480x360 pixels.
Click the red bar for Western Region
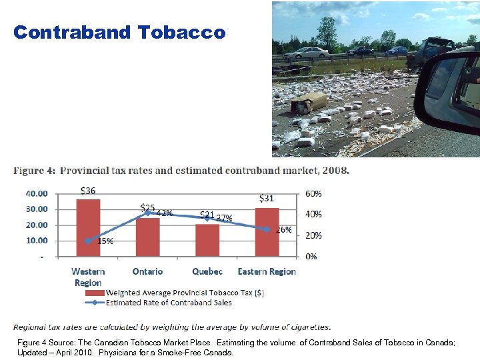coord(88,227)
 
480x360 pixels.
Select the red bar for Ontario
coord(147,237)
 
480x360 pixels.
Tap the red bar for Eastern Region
coord(267,231)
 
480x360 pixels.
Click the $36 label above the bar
coord(87,190)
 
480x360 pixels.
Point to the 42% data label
coord(165,213)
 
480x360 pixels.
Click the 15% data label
coord(105,241)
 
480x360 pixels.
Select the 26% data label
coord(283,229)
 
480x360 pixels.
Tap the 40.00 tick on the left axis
coord(37,193)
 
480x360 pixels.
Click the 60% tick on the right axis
coord(313,193)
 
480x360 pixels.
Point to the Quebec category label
coord(207,271)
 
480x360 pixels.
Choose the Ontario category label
coord(147,271)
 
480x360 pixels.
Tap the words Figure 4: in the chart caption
coord(34,170)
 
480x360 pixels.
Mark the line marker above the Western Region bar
coord(88,241)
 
